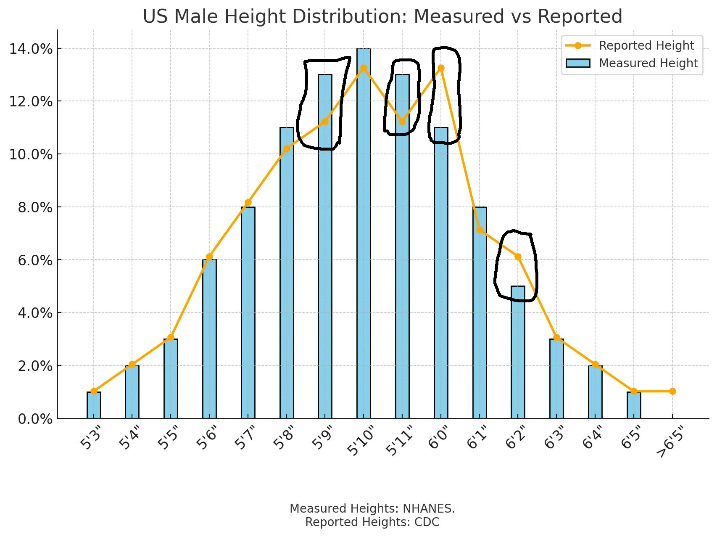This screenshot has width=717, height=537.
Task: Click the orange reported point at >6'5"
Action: pos(672,391)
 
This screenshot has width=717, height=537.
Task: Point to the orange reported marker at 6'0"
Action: pos(441,68)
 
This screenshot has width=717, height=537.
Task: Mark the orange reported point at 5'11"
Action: pos(402,122)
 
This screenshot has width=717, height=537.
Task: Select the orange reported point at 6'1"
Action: pos(480,230)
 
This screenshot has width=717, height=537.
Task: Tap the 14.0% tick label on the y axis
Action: pos(31,49)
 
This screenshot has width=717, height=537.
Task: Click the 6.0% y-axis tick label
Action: pos(35,260)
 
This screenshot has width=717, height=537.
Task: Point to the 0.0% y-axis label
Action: pos(35,419)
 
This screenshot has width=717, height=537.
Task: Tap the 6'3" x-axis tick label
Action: pos(554,438)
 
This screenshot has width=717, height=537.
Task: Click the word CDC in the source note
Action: pos(428,522)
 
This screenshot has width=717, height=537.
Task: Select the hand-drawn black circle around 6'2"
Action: pos(516,266)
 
